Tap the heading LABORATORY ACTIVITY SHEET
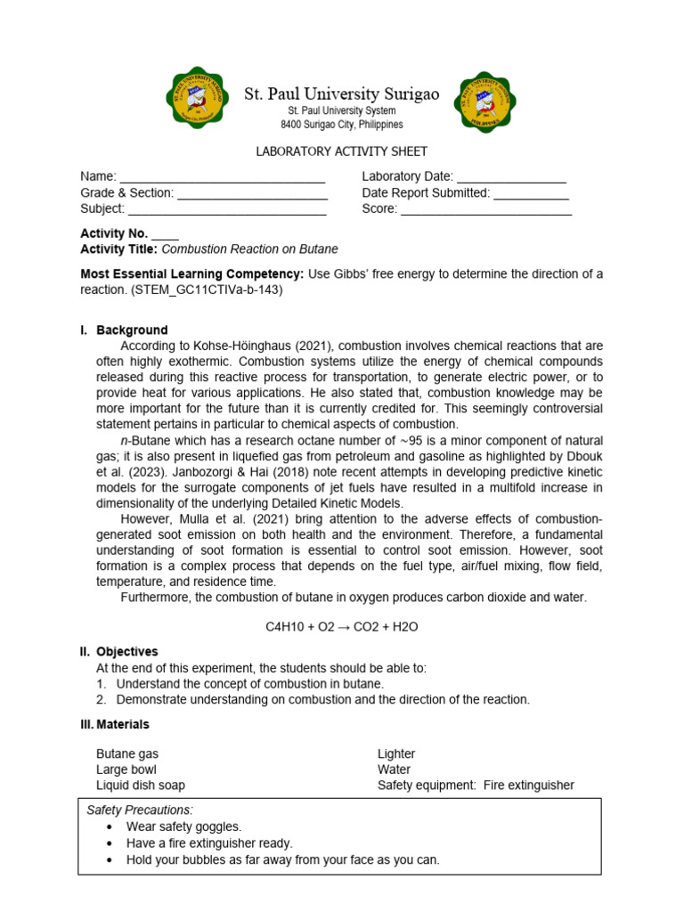[x=342, y=151]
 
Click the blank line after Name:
[x=223, y=178]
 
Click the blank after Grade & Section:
[x=253, y=194]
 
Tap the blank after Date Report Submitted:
[x=531, y=194]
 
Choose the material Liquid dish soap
[x=141, y=785]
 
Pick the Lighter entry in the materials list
[x=396, y=753]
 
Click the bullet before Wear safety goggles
[x=109, y=826]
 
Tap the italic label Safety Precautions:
[x=139, y=810]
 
